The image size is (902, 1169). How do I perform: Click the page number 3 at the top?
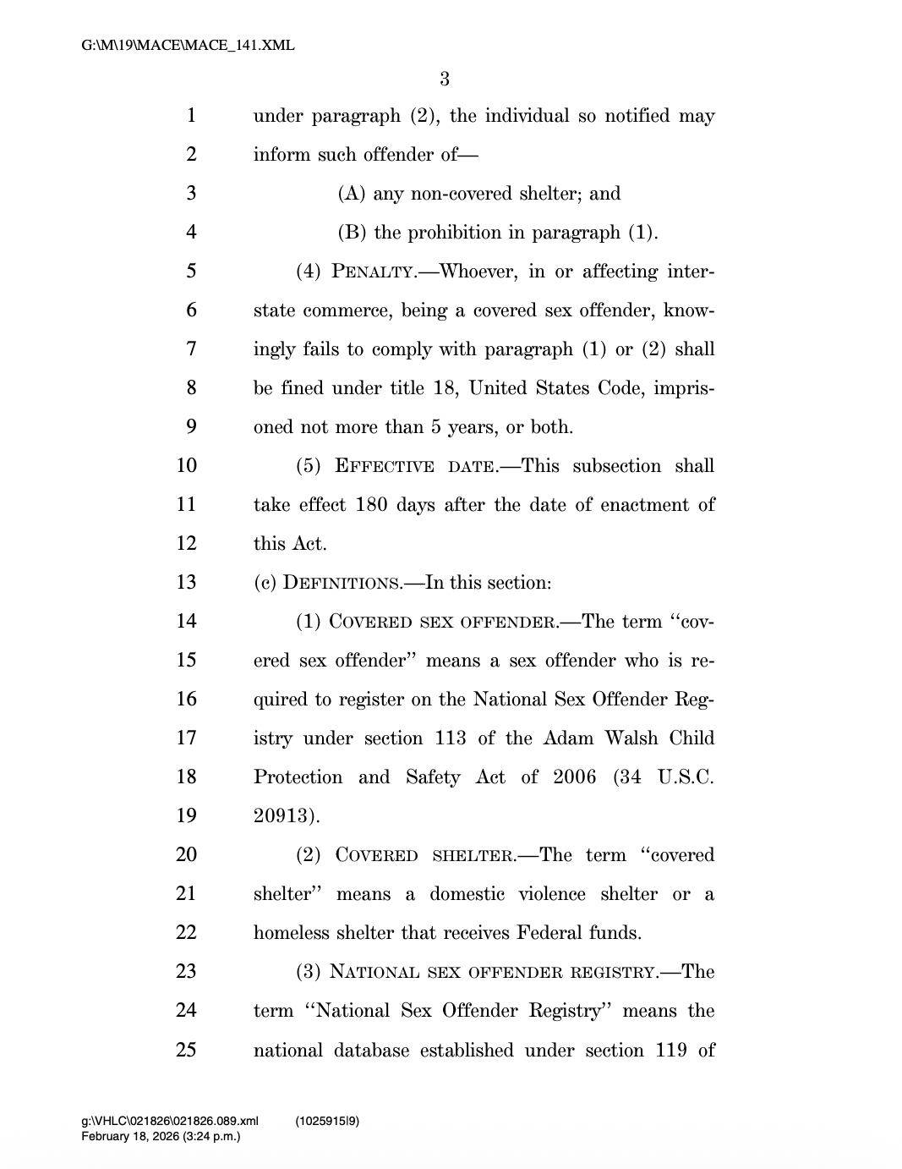pyautogui.click(x=445, y=80)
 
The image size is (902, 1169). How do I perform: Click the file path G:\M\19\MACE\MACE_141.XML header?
pyautogui.click(x=188, y=46)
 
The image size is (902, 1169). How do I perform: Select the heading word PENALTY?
pyautogui.click(x=373, y=272)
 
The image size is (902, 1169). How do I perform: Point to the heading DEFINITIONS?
pyautogui.click(x=342, y=584)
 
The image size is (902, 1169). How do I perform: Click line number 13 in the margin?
pyautogui.click(x=186, y=583)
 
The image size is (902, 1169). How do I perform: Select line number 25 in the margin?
pyautogui.click(x=186, y=1050)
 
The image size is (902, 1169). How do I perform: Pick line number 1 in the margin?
pyautogui.click(x=191, y=116)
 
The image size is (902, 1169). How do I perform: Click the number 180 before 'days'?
pyautogui.click(x=371, y=505)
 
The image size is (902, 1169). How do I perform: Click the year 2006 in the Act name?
pyautogui.click(x=575, y=777)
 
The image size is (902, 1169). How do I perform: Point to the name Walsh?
pyautogui.click(x=631, y=738)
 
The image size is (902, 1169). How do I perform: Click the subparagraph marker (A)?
pyautogui.click(x=352, y=194)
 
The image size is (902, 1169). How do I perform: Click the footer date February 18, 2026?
pyautogui.click(x=129, y=1136)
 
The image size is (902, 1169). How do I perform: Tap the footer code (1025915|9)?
pyautogui.click(x=328, y=1122)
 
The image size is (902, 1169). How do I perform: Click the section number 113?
pyautogui.click(x=451, y=738)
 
